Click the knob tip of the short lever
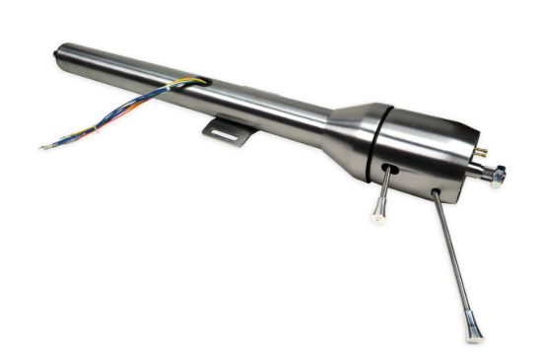tap(378, 216)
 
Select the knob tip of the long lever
tap(475, 333)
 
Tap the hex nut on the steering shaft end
tap(499, 177)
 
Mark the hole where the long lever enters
tap(434, 191)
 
